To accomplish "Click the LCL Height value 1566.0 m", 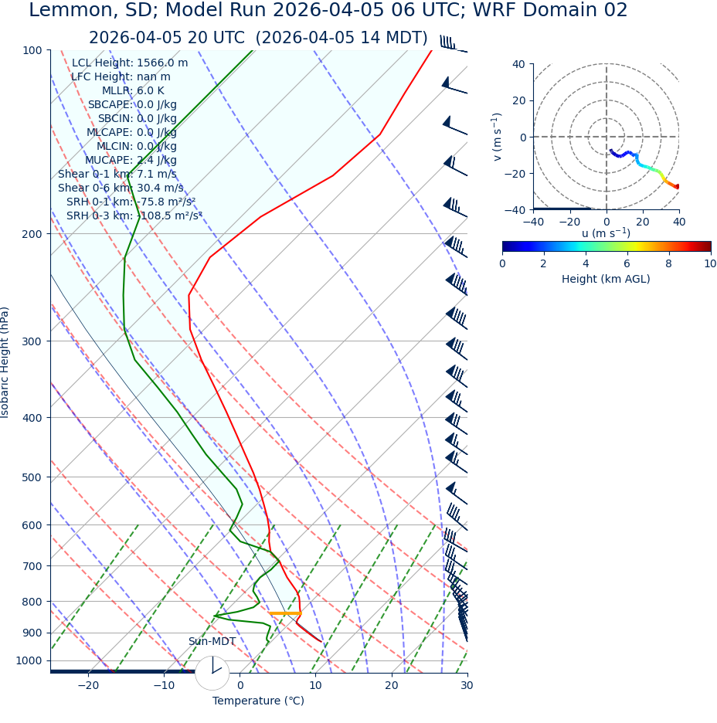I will click(162, 63).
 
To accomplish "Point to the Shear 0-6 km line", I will click(121, 188).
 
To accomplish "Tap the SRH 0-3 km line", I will click(134, 216).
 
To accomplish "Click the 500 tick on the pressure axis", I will click(34, 477).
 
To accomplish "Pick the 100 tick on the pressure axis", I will click(34, 50).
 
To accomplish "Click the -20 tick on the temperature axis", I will click(88, 686).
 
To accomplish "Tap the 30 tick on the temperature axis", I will click(467, 686).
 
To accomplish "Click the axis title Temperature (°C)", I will click(258, 701).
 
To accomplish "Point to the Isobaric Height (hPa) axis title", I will click(5, 362).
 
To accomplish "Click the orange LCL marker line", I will click(285, 613).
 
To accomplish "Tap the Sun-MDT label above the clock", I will click(212, 642).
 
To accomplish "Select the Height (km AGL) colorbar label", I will click(606, 280).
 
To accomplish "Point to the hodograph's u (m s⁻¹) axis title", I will click(606, 233).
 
